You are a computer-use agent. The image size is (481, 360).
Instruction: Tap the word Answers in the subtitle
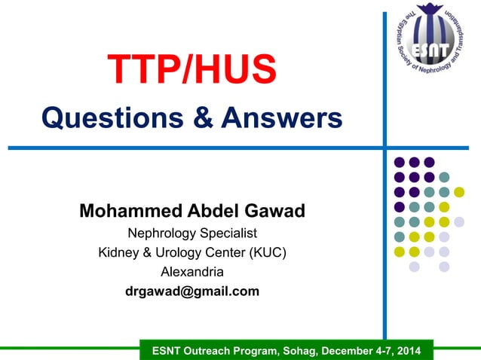coord(283,118)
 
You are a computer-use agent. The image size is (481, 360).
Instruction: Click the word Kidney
coord(118,252)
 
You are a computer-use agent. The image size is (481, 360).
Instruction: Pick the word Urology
coord(176,252)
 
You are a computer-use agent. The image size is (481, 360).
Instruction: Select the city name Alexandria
coord(192,271)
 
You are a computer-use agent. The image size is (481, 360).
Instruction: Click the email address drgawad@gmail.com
coord(192,291)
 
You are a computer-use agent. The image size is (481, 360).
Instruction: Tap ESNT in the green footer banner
coord(167,351)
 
